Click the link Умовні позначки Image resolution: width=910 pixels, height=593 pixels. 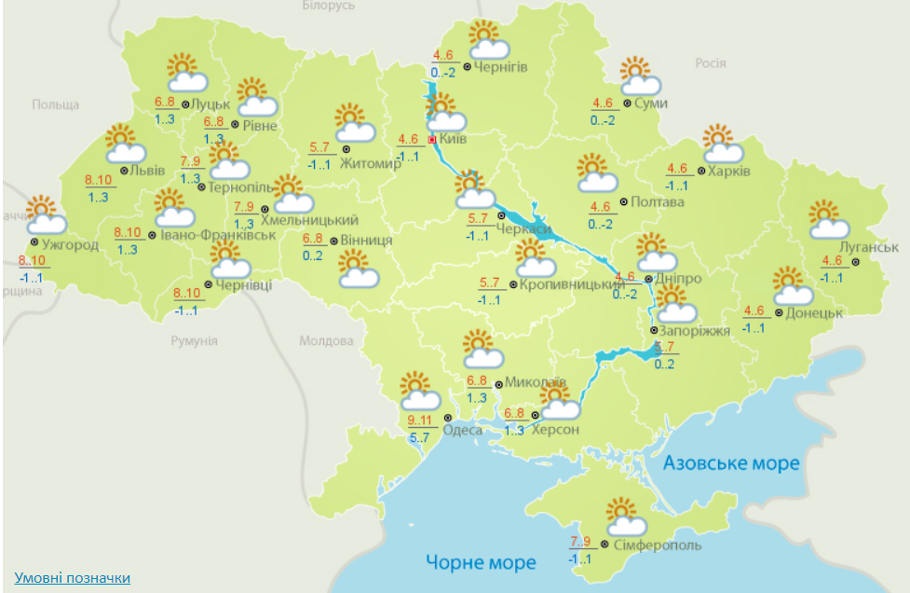click(73, 578)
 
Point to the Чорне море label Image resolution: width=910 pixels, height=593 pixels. click(482, 562)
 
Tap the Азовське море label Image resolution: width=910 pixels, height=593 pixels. click(731, 463)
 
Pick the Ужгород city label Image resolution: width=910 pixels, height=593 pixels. click(70, 245)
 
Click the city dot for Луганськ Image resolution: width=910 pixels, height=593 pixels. click(874, 262)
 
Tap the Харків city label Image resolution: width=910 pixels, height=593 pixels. click(729, 171)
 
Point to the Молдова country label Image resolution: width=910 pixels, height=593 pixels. click(327, 341)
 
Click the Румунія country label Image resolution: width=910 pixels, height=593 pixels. click(194, 341)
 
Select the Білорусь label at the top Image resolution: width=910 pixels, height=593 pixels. click(329, 6)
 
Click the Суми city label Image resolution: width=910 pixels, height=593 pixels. click(650, 103)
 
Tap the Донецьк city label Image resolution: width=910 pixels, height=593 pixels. click(814, 312)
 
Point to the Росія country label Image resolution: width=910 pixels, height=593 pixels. click(710, 62)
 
